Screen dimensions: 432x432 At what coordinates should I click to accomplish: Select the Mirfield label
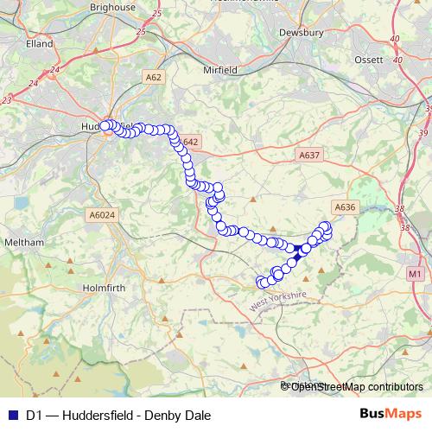pyautogui.click(x=219, y=69)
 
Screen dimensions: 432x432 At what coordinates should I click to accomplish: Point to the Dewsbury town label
pyautogui.click(x=301, y=34)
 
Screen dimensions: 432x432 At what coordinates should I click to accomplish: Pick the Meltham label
pyautogui.click(x=24, y=243)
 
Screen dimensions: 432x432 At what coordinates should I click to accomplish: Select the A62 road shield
pyautogui.click(x=154, y=77)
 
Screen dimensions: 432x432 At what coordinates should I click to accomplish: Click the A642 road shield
pyautogui.click(x=190, y=142)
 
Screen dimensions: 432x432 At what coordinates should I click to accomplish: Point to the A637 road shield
pyautogui.click(x=308, y=156)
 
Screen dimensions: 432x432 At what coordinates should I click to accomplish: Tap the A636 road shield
pyautogui.click(x=344, y=206)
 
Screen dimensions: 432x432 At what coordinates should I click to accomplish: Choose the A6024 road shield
pyautogui.click(x=102, y=215)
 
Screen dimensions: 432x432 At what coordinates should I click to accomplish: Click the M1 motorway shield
pyautogui.click(x=415, y=274)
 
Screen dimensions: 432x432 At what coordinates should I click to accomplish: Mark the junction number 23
pyautogui.click(x=8, y=101)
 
